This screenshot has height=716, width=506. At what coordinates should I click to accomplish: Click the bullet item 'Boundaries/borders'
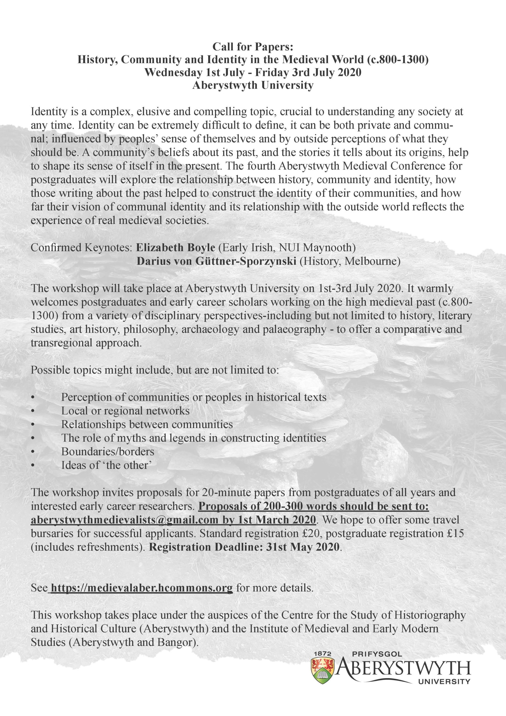coord(108,451)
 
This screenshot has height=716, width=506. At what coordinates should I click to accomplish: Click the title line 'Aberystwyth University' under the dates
coord(253,85)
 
